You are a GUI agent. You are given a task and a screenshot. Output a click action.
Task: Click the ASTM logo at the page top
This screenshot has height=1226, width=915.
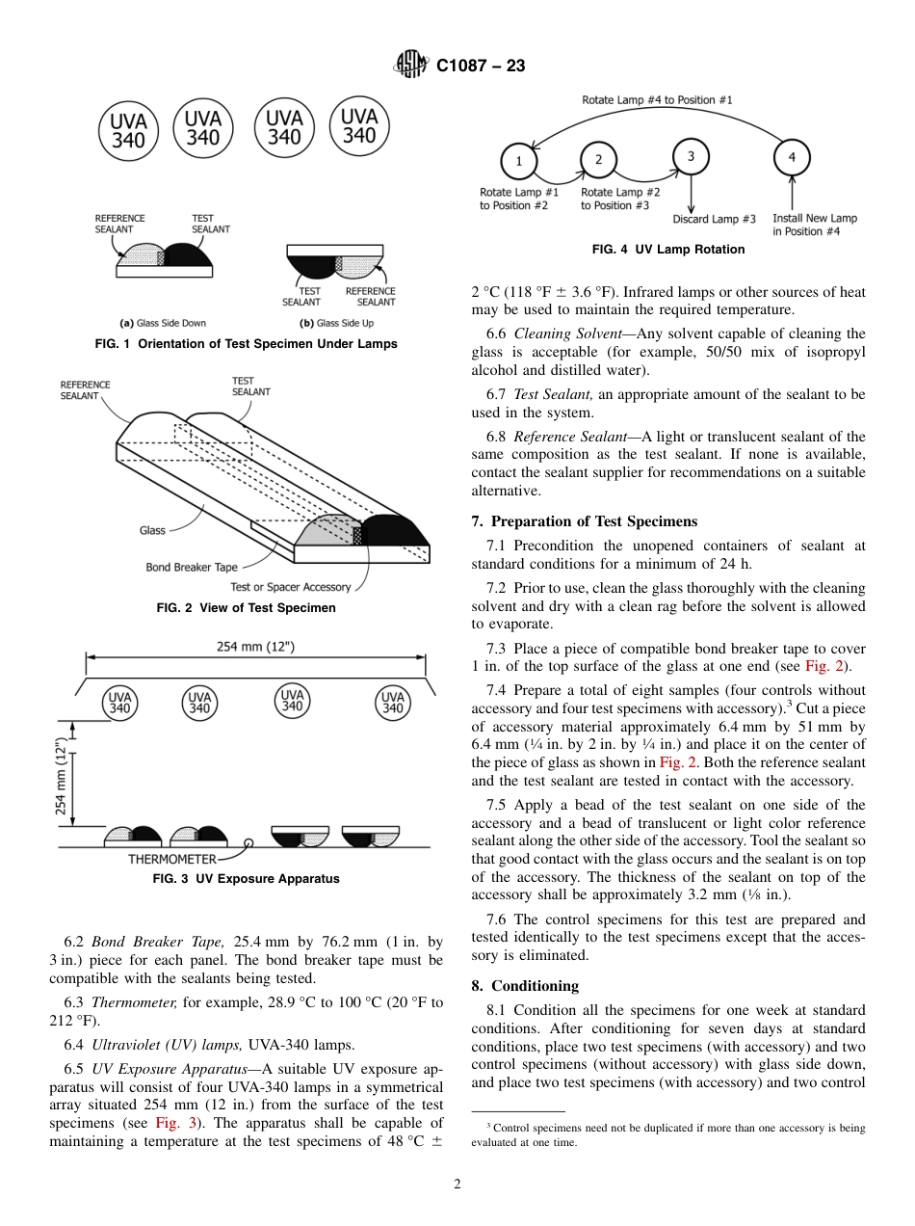coord(412,66)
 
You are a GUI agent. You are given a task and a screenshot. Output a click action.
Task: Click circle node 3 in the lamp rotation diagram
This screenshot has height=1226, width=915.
coord(691,156)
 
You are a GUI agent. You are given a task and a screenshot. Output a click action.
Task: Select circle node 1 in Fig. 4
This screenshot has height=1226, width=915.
coord(519,161)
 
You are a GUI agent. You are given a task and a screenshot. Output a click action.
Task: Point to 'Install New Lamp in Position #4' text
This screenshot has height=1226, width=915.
coord(814,225)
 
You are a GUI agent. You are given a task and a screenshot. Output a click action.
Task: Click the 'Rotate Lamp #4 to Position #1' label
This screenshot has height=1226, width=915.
coord(657,100)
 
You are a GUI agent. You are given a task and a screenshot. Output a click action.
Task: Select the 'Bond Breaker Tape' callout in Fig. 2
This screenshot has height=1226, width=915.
coord(192,567)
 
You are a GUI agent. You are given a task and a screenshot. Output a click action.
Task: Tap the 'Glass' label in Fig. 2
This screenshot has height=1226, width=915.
coord(152,530)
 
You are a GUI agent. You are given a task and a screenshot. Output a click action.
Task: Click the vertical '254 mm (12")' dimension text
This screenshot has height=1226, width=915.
coord(63,776)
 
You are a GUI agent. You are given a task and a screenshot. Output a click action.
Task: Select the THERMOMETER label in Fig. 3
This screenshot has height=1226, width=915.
coord(171,859)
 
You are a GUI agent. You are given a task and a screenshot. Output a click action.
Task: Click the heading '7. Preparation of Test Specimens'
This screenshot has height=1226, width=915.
coord(584,521)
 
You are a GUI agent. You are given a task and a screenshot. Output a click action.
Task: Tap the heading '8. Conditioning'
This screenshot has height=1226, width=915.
coord(525,986)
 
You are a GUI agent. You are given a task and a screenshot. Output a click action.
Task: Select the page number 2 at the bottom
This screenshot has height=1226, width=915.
coord(457,1185)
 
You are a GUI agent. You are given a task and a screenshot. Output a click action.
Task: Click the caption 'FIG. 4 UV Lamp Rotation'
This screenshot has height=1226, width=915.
coord(668,250)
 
